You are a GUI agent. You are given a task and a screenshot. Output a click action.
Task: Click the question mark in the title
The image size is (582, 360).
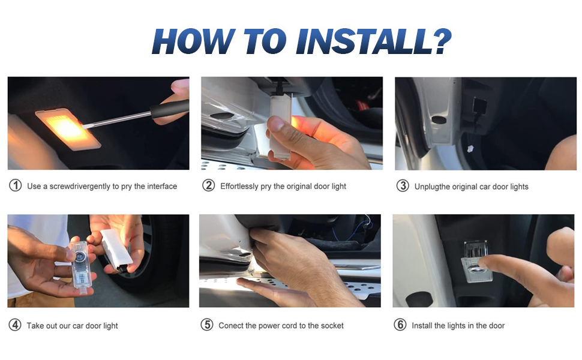(x=442, y=41)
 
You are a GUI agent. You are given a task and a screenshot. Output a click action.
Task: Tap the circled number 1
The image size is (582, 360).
(x=15, y=185)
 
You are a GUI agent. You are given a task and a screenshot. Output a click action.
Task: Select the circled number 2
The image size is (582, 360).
(x=209, y=185)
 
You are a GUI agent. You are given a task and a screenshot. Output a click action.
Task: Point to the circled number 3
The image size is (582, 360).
(x=403, y=185)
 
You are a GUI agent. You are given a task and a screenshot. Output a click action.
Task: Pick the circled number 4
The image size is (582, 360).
(x=15, y=325)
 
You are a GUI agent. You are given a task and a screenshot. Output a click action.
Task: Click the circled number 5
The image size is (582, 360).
(x=207, y=325)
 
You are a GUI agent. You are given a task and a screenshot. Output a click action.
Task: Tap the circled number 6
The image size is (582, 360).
(x=400, y=325)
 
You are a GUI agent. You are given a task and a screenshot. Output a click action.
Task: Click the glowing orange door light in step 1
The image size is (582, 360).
(x=68, y=129)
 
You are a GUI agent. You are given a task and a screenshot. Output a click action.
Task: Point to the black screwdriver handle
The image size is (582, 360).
(x=169, y=108)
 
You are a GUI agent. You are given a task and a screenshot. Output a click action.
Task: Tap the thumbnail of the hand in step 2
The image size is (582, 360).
(x=276, y=124)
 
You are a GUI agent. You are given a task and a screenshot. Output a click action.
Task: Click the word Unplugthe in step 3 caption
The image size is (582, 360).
(x=432, y=187)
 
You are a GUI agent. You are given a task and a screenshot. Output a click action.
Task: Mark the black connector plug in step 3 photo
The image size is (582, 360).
(x=479, y=106)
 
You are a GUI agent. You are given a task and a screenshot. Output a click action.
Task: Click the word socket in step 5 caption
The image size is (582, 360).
(x=332, y=325)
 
